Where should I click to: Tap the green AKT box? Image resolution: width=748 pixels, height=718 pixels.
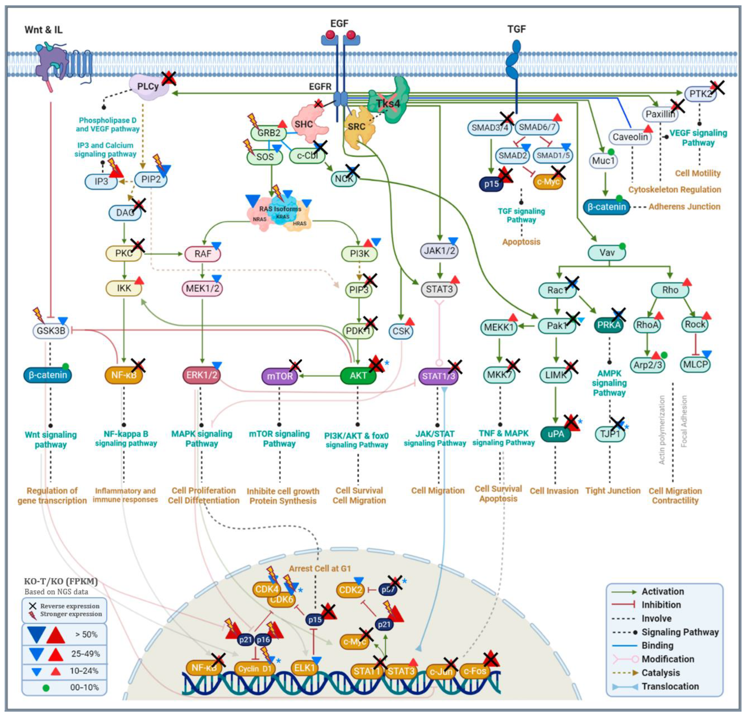click(358, 375)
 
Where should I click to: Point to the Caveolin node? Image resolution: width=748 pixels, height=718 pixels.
click(630, 137)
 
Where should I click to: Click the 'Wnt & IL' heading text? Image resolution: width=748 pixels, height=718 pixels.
click(43, 30)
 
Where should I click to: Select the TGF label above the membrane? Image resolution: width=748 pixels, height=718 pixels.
click(516, 29)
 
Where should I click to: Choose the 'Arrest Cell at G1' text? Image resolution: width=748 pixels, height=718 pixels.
click(319, 568)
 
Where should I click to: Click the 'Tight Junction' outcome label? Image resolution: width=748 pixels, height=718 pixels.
click(612, 491)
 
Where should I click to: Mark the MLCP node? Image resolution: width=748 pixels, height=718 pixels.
click(695, 364)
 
